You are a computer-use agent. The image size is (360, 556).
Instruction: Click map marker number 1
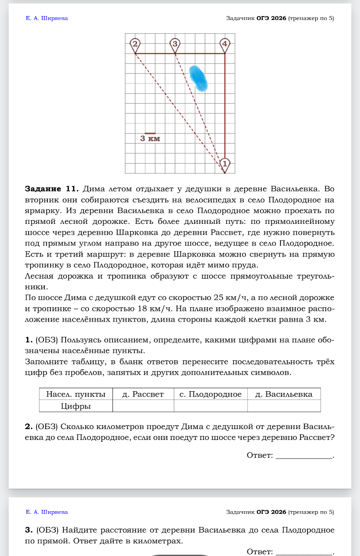(225, 164)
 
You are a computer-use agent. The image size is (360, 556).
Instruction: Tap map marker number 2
(135, 44)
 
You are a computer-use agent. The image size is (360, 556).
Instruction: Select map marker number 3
(175, 44)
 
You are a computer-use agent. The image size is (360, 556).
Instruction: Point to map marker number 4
(224, 44)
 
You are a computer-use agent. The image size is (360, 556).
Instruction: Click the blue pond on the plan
(198, 78)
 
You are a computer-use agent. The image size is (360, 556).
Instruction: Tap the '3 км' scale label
(150, 139)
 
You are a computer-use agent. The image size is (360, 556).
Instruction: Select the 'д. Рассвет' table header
(143, 394)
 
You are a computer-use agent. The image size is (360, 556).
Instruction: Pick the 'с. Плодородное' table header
(210, 394)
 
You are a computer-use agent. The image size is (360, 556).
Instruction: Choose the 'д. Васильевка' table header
(283, 394)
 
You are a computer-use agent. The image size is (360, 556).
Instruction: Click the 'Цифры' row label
(76, 406)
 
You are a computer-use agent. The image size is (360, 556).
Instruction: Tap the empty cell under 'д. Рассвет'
(143, 406)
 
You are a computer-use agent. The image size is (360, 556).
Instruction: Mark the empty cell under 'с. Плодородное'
(210, 406)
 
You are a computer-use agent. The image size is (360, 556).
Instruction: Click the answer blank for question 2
(303, 456)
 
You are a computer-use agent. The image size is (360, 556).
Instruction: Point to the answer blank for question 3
(303, 552)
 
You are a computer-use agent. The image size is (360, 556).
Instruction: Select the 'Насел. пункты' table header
(76, 394)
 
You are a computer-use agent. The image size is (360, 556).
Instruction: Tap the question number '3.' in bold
(29, 530)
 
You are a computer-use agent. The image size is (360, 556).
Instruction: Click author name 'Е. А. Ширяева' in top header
(47, 18)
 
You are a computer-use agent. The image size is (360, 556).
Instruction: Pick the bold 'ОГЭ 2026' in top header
(271, 18)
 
